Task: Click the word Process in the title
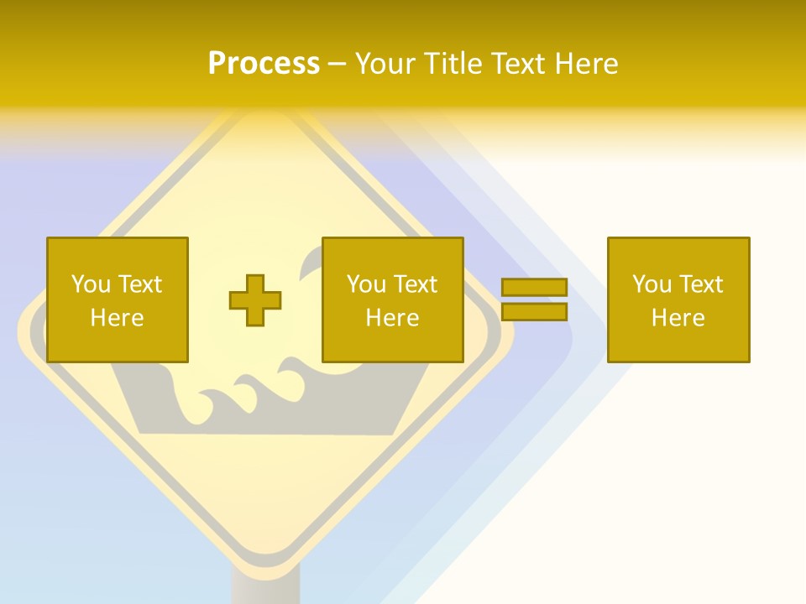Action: tap(264, 64)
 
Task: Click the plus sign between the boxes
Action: tap(255, 300)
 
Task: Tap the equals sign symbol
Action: tap(534, 299)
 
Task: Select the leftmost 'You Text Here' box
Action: tap(117, 299)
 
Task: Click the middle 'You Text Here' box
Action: tap(392, 299)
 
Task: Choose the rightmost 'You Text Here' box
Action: tap(678, 299)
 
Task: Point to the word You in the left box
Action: tap(91, 284)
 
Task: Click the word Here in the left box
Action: tap(117, 318)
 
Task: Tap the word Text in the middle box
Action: tap(416, 284)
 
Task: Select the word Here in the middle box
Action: tap(392, 318)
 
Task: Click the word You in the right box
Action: tap(652, 284)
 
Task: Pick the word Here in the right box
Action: tap(678, 318)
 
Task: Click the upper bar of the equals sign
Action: tap(534, 288)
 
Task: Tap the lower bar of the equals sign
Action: tap(534, 312)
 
